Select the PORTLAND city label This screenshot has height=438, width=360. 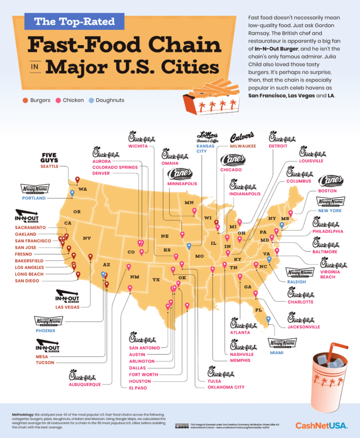coord(34,198)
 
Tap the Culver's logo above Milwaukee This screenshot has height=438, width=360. coord(245,136)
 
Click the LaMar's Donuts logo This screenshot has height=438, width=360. coord(206,136)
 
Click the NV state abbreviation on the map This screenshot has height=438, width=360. coord(87,238)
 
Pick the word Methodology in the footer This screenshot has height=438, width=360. coord(26,414)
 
